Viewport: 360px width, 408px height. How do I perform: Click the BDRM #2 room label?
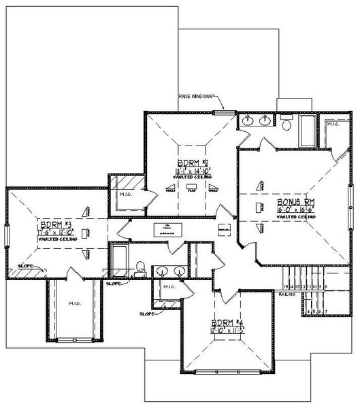click(191, 163)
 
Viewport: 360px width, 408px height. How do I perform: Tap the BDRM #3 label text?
click(54, 224)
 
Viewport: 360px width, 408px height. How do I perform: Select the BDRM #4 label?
click(227, 322)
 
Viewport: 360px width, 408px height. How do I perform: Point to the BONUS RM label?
click(295, 203)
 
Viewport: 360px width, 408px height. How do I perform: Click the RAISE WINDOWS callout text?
click(197, 96)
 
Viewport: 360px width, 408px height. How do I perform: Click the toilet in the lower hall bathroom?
click(140, 267)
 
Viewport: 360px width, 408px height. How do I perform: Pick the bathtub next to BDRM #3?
click(120, 258)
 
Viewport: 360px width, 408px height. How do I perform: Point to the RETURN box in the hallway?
click(224, 231)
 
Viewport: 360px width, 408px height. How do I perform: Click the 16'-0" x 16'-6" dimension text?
click(295, 211)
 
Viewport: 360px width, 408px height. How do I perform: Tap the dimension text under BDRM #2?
click(191, 171)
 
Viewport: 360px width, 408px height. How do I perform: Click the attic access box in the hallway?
click(165, 228)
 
